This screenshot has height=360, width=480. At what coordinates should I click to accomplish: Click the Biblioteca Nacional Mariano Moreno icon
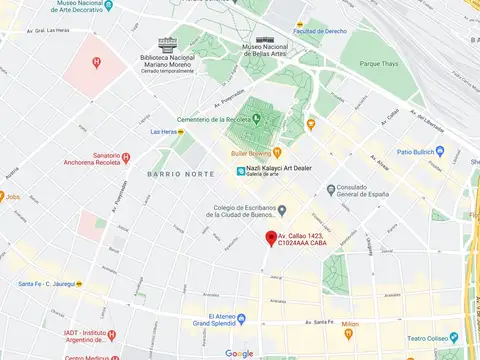click(167, 44)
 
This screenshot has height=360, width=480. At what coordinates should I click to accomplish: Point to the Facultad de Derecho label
click(319, 32)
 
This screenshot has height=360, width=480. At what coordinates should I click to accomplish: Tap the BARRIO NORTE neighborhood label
click(180, 174)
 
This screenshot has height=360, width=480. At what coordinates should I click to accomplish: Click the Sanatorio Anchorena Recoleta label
click(98, 161)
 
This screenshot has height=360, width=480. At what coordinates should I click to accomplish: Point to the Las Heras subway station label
click(165, 131)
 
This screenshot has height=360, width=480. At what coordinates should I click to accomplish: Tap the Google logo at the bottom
click(239, 353)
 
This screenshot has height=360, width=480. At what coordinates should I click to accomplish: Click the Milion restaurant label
click(350, 325)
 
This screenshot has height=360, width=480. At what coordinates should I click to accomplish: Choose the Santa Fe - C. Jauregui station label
click(48, 283)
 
